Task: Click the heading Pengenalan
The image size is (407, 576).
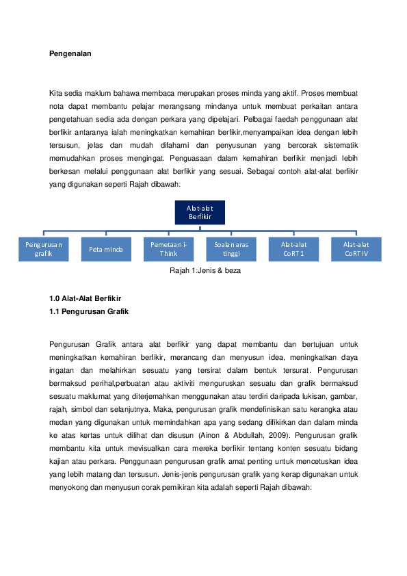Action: (70, 52)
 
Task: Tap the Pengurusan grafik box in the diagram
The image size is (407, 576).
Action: (44, 249)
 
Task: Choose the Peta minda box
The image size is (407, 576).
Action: (106, 249)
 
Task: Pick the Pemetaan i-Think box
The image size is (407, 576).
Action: (168, 249)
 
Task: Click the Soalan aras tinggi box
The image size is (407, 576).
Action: (231, 249)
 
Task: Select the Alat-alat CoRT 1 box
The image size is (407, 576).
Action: (293, 249)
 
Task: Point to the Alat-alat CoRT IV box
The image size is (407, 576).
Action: (356, 249)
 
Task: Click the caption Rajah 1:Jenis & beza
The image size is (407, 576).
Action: (205, 270)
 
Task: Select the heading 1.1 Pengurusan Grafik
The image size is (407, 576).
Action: (89, 311)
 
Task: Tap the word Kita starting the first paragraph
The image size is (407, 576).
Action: (55, 92)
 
